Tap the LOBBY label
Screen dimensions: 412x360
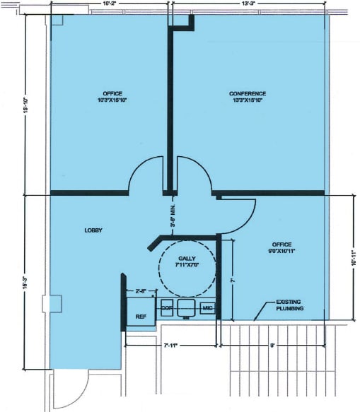click(93, 230)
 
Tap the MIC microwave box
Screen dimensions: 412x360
click(207, 308)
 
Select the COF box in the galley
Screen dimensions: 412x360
click(167, 308)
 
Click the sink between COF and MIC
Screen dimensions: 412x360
click(186, 308)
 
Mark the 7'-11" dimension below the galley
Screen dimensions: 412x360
click(170, 346)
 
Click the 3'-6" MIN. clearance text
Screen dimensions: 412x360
click(172, 215)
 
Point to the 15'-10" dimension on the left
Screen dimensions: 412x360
click(25, 106)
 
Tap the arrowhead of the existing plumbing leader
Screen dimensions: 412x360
click(255, 319)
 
